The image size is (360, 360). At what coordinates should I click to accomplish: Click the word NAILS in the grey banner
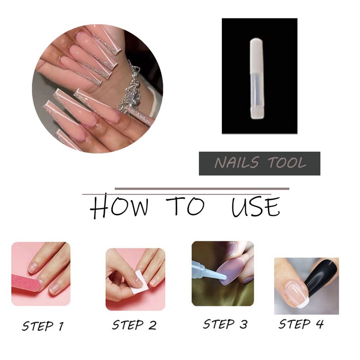coord(237,162)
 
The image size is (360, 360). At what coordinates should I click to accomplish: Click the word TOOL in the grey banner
coord(287,162)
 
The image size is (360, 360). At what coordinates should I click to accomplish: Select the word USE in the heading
coord(256,207)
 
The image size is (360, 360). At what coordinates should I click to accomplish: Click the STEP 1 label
coord(43,326)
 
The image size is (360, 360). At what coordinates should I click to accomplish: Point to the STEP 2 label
coord(134,325)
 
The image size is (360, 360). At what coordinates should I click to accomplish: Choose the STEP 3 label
coord(225,324)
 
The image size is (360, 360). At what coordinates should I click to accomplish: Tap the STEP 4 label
coord(301,324)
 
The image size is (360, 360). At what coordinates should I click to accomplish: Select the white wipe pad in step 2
coord(139,282)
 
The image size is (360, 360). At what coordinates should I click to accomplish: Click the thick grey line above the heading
coord(202,189)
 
